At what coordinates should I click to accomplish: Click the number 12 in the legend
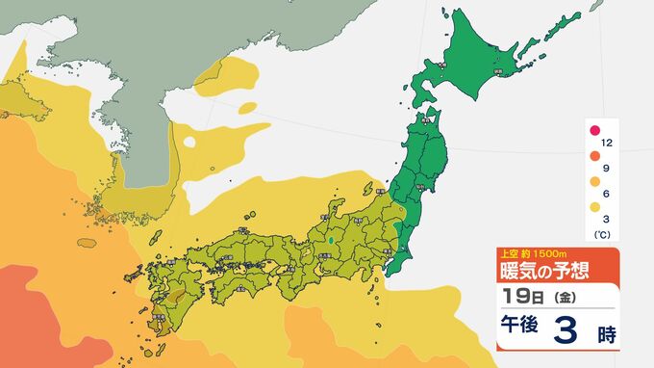[x=608, y=143]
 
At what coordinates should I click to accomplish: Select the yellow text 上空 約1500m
[x=528, y=254]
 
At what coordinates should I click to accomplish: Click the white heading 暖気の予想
[x=543, y=271]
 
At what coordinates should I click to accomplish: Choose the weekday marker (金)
[x=556, y=297]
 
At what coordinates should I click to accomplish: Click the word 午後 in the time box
[x=524, y=331]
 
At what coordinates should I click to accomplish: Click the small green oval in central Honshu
[x=331, y=238]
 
